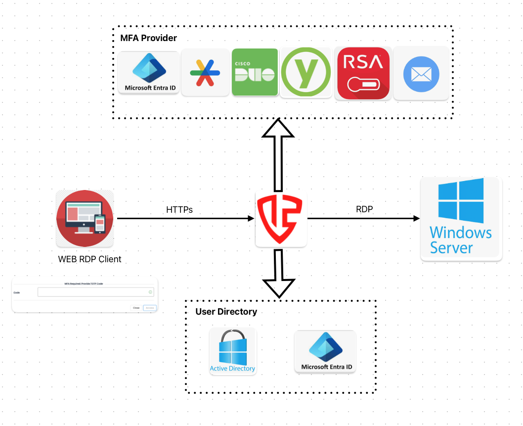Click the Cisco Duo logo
tap(255, 72)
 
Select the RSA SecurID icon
tap(363, 73)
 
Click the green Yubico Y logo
tap(305, 72)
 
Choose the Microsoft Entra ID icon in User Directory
tap(325, 352)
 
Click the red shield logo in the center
tap(281, 219)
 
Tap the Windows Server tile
tap(461, 218)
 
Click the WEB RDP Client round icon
tap(85, 218)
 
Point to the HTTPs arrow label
tap(179, 210)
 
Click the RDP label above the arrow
tap(364, 209)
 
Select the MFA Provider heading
tap(148, 38)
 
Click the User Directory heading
tap(226, 312)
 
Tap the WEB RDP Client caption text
tap(89, 259)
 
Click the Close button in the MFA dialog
tap(136, 308)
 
